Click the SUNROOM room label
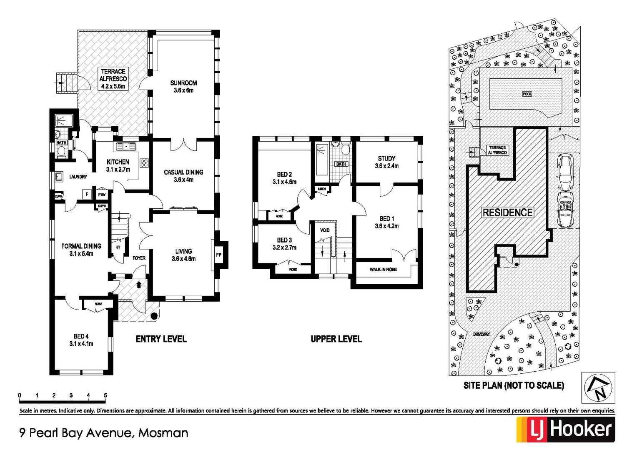tap(183, 86)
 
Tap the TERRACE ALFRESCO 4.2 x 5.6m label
tap(113, 79)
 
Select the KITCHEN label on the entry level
tap(118, 165)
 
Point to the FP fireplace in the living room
tap(218, 255)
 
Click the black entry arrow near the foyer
tap(139, 284)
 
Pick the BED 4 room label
tap(81, 340)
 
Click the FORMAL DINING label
tap(81, 250)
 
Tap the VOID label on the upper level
tap(325, 230)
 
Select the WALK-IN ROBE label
tap(383, 270)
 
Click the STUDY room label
tap(386, 162)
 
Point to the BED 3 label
tap(284, 243)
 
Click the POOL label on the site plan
tap(527, 94)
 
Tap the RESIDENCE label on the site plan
tap(507, 212)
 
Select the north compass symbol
tap(598, 387)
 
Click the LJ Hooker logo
tap(565, 429)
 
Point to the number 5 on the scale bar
tap(105, 395)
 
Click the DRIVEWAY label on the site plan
tap(482, 334)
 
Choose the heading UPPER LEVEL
tap(336, 339)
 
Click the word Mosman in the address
tap(163, 433)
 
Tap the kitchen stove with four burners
tap(144, 163)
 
